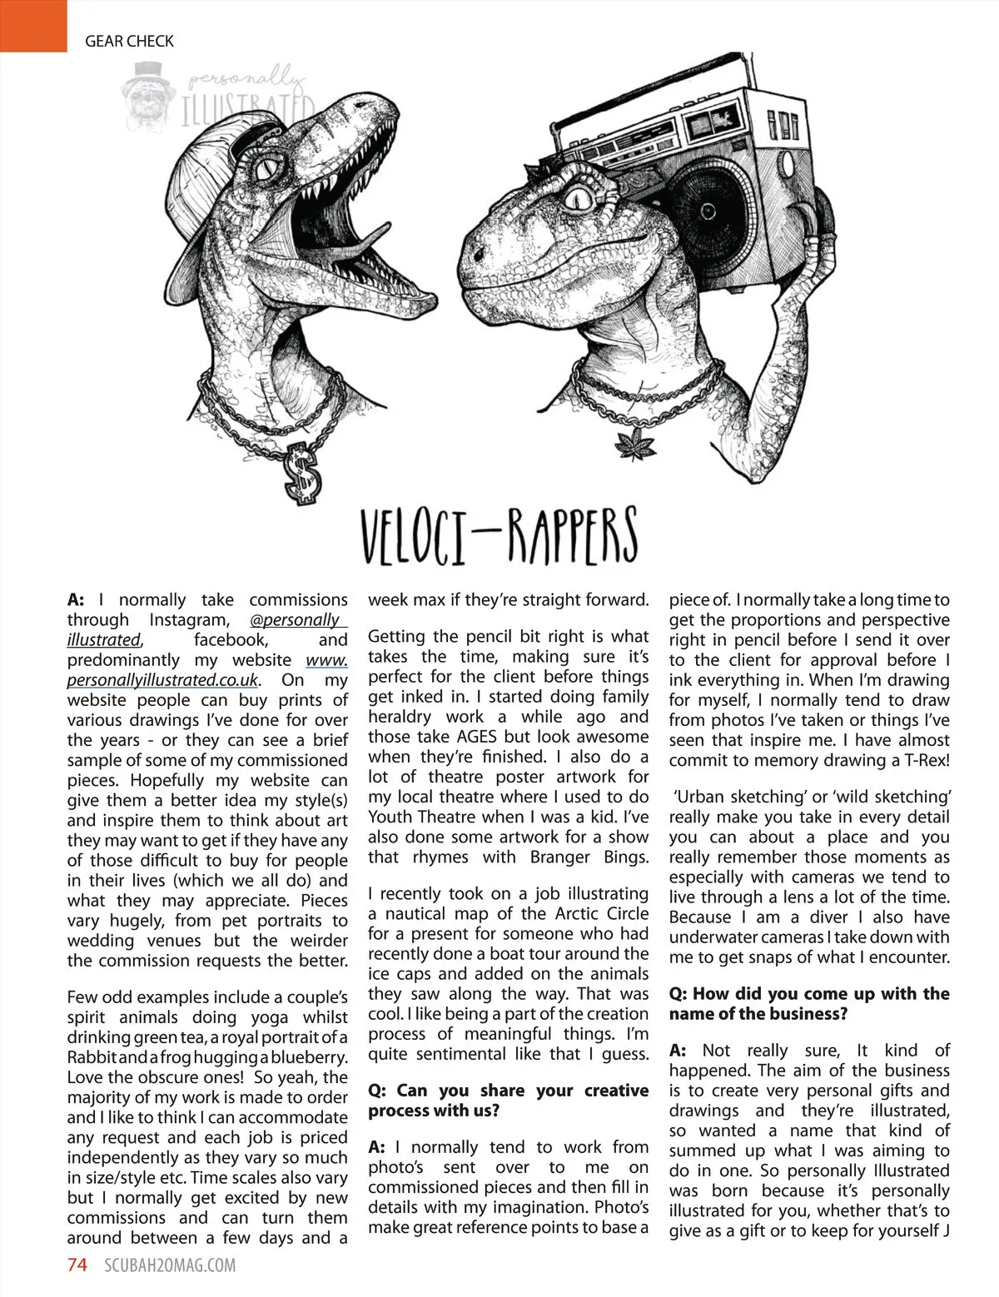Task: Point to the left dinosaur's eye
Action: pos(272,169)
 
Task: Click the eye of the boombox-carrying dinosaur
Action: pos(576,196)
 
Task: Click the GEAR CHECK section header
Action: pos(129,41)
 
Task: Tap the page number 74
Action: pos(77,1265)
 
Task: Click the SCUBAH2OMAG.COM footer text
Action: pos(170,1265)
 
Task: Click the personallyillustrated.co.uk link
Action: pos(163,680)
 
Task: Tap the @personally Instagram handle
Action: pos(296,620)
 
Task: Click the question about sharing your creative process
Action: pos(508,1101)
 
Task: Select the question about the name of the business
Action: pos(808,1004)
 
